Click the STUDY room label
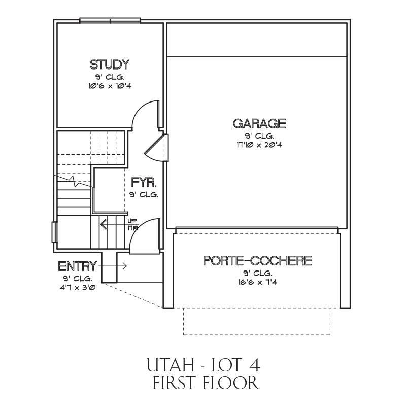click(110, 65)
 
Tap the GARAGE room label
click(259, 123)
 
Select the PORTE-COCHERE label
click(258, 260)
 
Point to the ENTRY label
click(78, 266)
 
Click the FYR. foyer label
click(144, 182)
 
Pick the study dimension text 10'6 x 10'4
click(110, 86)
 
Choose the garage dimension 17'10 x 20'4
click(259, 145)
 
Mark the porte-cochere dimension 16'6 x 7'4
click(258, 282)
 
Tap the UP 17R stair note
click(133, 225)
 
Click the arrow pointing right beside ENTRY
click(112, 266)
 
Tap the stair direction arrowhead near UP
click(104, 224)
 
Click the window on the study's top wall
click(110, 20)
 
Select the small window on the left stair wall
click(54, 232)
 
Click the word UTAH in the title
click(171, 364)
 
